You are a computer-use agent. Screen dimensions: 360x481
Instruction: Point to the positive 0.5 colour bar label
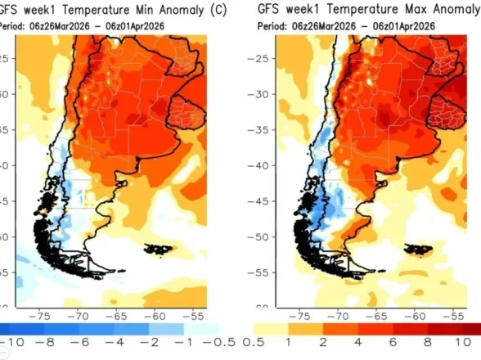[x=255, y=340]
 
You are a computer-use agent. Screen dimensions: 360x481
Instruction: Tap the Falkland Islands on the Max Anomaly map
[x=422, y=249]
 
